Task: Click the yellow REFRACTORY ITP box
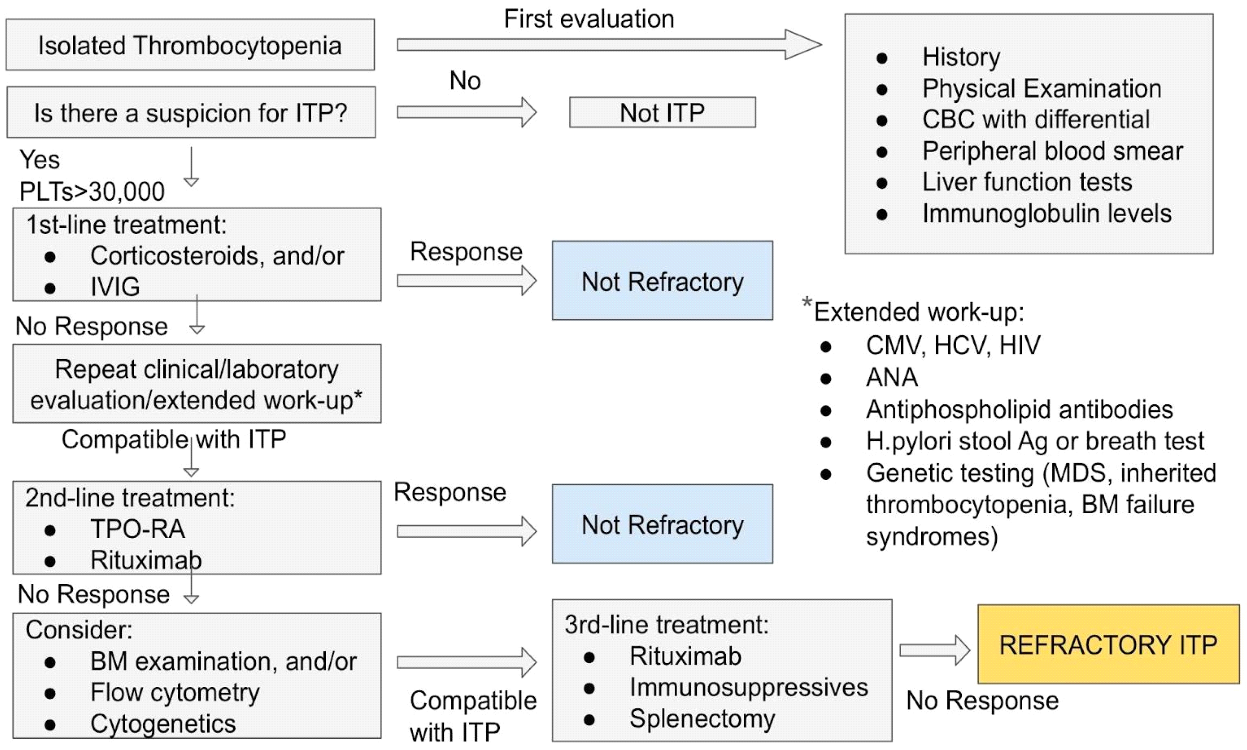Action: pos(1108,644)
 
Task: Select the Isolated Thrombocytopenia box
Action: pos(190,45)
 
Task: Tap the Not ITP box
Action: pos(662,112)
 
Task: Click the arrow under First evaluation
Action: pos(608,45)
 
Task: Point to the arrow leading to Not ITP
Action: pos(466,112)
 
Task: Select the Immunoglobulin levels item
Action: pos(1046,213)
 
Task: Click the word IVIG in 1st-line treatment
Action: pos(115,287)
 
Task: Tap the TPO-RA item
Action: pos(137,529)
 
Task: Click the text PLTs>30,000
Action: pos(92,191)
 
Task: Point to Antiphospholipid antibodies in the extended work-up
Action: pos(1019,410)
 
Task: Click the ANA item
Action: pos(891,377)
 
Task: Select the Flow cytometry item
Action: pos(175,693)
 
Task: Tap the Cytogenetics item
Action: pos(162,724)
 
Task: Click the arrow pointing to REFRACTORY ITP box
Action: pos(934,650)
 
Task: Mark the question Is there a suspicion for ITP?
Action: pos(190,113)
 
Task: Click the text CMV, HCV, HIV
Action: pos(953,346)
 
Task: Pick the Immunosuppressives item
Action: pos(748,687)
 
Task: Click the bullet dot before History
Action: pos(882,58)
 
